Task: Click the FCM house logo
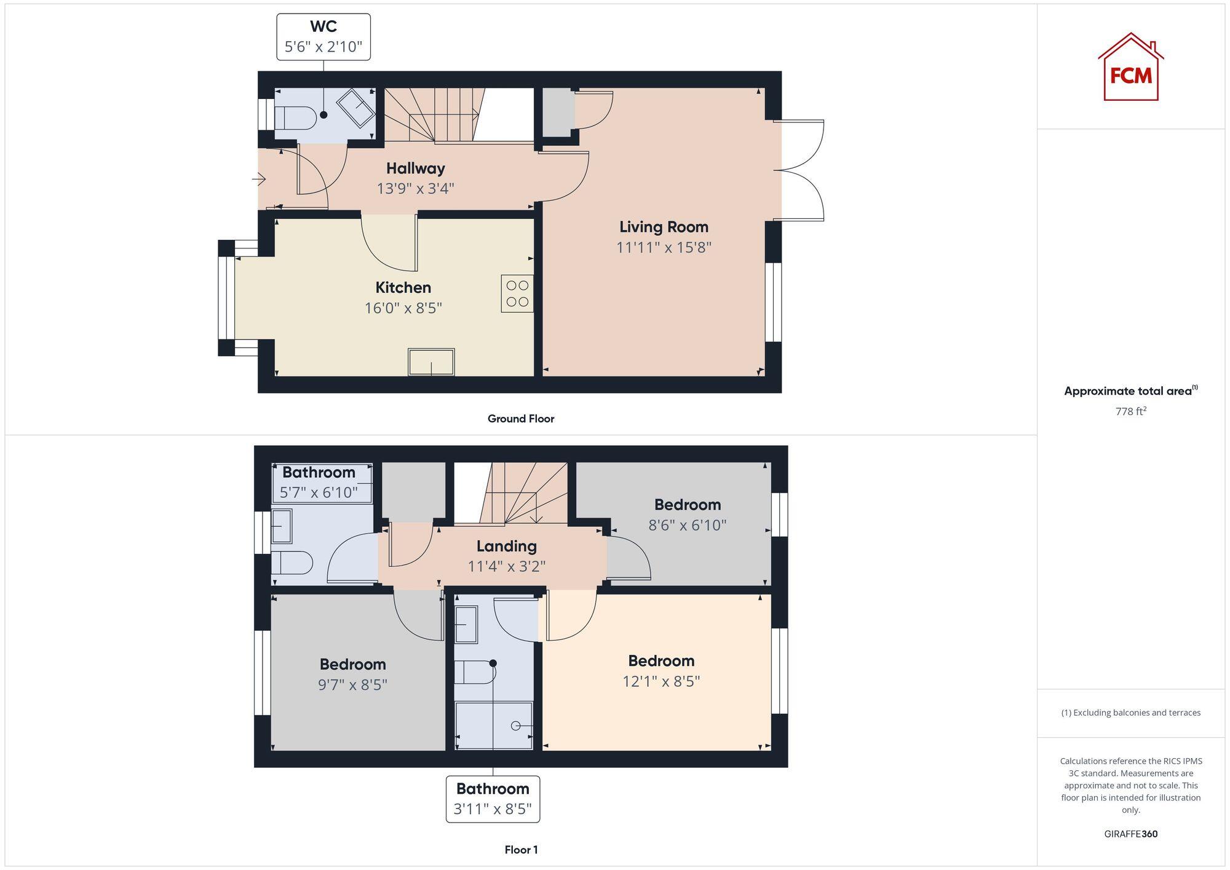click(1130, 68)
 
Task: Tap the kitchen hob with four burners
click(517, 293)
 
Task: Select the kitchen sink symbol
click(431, 362)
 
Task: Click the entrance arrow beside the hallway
click(259, 180)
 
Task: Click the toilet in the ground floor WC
click(294, 117)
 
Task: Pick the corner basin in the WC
click(355, 108)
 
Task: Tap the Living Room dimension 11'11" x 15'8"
click(664, 247)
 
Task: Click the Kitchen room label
click(403, 287)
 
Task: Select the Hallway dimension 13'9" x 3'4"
click(415, 188)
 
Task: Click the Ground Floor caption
click(520, 419)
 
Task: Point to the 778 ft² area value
click(1130, 411)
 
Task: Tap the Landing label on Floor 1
click(506, 546)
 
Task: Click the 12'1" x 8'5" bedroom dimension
click(661, 681)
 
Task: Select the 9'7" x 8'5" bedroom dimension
click(352, 684)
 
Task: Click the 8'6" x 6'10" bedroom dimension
click(687, 525)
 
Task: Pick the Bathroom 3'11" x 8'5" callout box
click(493, 799)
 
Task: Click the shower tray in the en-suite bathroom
click(494, 726)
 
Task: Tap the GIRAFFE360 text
click(1130, 834)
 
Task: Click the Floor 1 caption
click(521, 850)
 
